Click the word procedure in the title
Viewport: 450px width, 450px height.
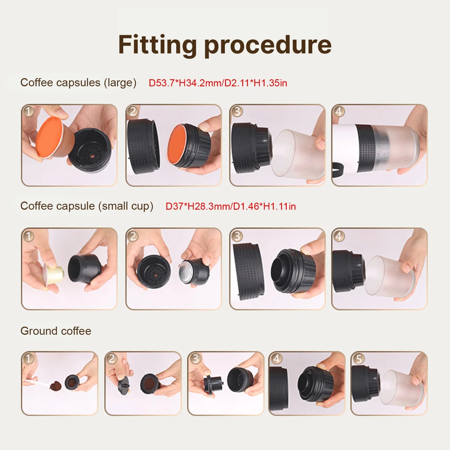click(268, 45)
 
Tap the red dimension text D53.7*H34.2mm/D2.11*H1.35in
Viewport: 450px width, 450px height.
click(218, 83)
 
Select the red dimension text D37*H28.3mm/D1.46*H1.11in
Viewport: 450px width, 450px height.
click(230, 206)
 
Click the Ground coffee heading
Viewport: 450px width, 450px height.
click(56, 331)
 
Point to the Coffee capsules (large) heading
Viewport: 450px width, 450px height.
click(78, 83)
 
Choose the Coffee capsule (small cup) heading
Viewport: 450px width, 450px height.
click(87, 206)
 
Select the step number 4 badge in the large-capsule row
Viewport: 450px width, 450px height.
click(339, 112)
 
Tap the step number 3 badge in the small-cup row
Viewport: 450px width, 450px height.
click(237, 236)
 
